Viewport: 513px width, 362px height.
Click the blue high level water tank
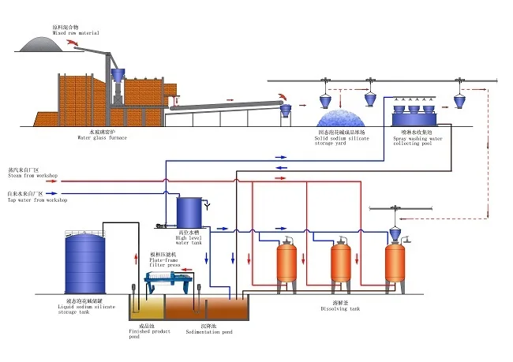click(x=189, y=211)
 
